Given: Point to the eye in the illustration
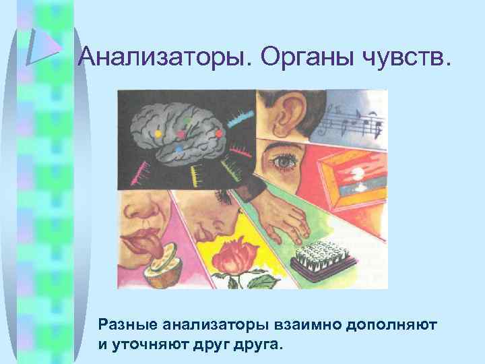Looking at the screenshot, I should tap(282, 162).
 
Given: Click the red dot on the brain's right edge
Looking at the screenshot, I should tap(219, 133).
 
